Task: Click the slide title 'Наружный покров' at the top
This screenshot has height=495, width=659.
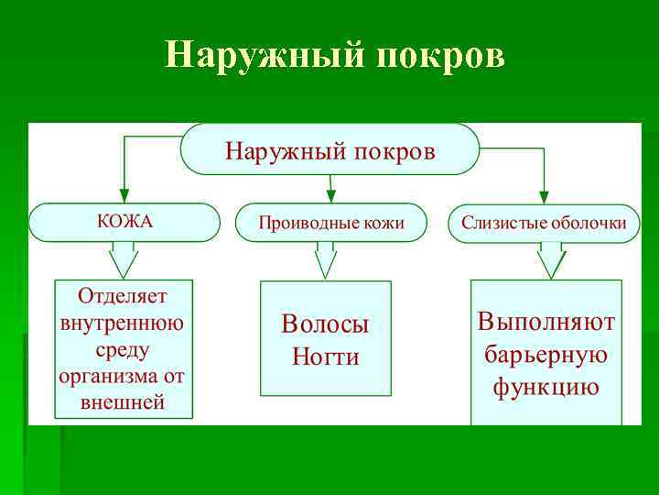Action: coord(334,55)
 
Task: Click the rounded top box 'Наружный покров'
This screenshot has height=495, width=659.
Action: coord(330,149)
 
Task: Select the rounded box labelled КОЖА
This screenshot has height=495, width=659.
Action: coord(124,223)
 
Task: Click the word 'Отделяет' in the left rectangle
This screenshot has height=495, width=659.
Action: coord(124,296)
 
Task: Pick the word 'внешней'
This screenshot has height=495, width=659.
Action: coord(124,401)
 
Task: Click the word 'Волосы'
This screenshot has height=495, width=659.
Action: coord(325,324)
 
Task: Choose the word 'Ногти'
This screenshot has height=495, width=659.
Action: coord(325,357)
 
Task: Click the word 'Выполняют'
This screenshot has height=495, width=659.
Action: coord(546,322)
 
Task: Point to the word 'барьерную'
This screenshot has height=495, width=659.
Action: coord(546,354)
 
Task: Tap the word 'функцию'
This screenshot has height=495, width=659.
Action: coord(546,386)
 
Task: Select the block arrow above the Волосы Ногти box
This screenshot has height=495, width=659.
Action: coord(326,260)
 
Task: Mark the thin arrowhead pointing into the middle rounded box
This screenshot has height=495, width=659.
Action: coord(331,195)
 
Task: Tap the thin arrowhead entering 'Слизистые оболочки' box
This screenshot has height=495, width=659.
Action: coord(544,195)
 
